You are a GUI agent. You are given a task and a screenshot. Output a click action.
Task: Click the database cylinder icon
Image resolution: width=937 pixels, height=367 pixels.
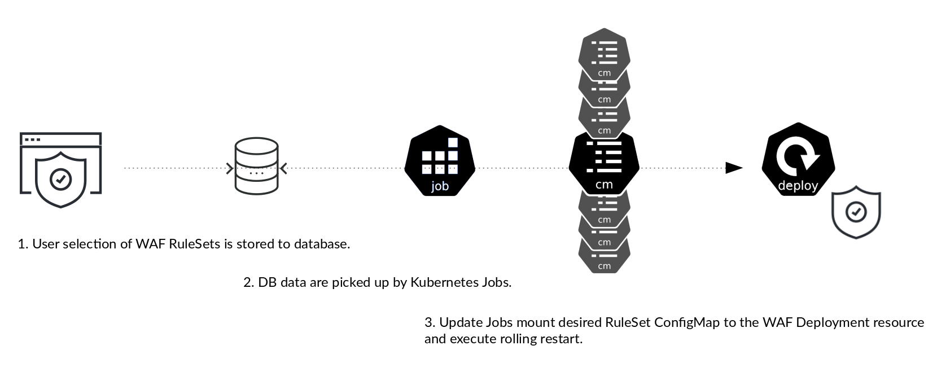pos(256,167)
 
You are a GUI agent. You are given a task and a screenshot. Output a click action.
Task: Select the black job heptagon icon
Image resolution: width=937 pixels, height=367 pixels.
pos(440,161)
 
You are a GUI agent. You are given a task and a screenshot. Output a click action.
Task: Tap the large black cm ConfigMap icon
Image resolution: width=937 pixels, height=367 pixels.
pos(604,164)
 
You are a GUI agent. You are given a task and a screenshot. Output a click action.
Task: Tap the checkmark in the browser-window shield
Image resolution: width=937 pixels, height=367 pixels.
pos(60,179)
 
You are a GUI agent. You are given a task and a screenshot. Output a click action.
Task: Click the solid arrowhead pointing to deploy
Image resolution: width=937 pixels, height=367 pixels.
pos(733,168)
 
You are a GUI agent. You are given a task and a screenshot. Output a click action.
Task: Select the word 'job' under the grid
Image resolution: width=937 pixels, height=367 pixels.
pos(440,186)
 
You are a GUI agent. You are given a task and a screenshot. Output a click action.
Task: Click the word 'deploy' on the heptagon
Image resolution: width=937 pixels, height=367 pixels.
pos(798,185)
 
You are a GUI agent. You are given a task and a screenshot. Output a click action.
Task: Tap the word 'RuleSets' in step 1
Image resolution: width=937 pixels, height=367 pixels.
pos(194,244)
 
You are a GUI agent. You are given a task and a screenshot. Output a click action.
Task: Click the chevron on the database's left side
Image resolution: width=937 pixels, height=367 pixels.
pos(229,168)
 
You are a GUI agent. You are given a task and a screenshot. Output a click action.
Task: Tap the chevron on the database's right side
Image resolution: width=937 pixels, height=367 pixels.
pos(283,168)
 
